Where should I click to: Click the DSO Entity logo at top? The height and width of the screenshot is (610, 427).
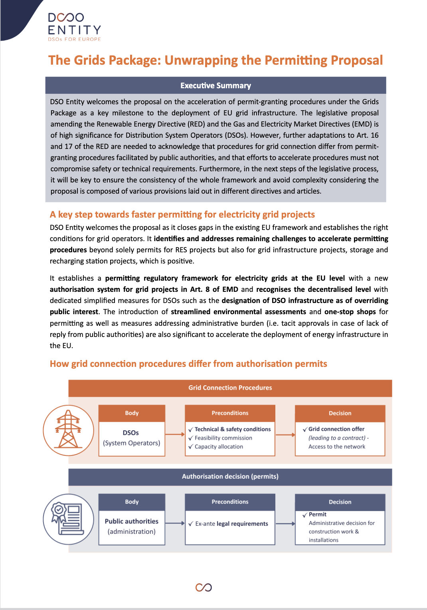[x=74, y=26]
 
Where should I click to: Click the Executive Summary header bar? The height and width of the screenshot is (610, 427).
[x=215, y=85]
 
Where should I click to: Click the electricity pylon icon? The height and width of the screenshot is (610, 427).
[x=69, y=430]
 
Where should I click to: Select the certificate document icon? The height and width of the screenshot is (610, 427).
[x=68, y=519]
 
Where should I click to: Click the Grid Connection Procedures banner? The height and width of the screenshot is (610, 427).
[x=230, y=388]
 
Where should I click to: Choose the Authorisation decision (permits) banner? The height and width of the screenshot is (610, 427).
[x=230, y=476]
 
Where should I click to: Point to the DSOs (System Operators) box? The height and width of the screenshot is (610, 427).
[x=132, y=438]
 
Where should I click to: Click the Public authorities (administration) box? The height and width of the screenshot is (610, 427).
[x=132, y=527]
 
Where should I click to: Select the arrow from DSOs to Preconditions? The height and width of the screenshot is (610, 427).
[x=175, y=434]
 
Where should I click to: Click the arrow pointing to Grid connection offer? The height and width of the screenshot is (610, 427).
[x=285, y=434]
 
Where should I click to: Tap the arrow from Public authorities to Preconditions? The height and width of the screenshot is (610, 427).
[x=175, y=523]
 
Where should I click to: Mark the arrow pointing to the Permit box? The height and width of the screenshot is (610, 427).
[x=285, y=523]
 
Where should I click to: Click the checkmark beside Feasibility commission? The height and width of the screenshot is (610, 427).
[x=191, y=438]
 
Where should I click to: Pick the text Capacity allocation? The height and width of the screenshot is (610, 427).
[x=219, y=447]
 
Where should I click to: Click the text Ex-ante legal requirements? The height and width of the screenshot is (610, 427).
[x=231, y=524]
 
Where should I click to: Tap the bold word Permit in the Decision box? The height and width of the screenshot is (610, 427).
[x=318, y=515]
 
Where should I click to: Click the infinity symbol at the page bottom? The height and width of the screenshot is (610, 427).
[x=204, y=587]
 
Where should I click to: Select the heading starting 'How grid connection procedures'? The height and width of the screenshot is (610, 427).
[x=188, y=364]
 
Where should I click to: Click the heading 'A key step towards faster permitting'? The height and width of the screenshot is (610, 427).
[x=182, y=214]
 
